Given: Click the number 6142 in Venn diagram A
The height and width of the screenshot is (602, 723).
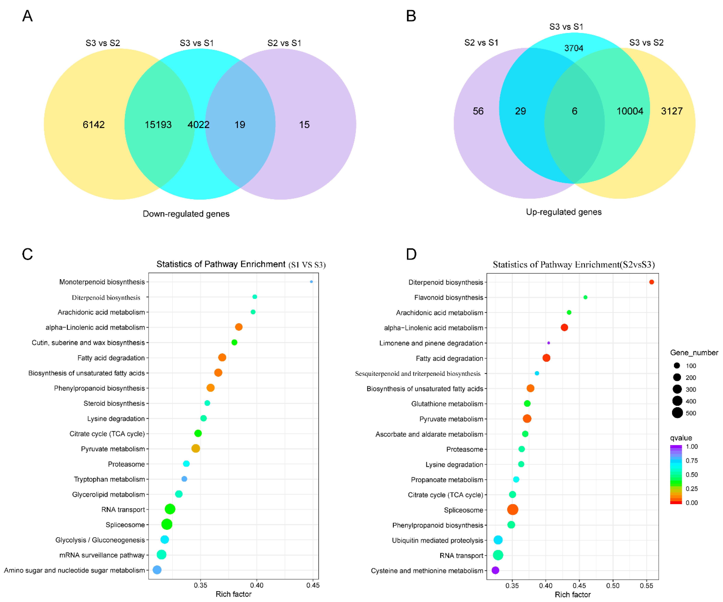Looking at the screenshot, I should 94,125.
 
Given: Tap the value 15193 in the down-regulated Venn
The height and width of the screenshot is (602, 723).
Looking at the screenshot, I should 158,125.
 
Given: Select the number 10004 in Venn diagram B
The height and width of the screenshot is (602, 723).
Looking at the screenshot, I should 630,111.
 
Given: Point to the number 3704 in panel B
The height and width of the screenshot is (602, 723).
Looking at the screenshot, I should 574,48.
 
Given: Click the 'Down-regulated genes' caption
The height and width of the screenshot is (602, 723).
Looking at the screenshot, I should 186,214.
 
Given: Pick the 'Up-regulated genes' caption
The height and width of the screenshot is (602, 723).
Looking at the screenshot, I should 564,212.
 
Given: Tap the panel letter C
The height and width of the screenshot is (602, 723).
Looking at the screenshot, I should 27,254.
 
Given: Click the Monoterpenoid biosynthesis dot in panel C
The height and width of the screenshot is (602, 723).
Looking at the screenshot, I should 311,282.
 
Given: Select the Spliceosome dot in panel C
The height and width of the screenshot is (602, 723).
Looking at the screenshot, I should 167,524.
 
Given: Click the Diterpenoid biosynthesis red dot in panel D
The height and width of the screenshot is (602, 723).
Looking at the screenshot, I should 651,282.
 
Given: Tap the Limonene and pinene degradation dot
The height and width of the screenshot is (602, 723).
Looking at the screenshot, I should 548,343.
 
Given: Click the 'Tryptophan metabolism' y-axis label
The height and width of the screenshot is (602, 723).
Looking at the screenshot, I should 109,479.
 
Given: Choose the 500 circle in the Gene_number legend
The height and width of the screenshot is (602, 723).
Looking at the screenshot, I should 677,413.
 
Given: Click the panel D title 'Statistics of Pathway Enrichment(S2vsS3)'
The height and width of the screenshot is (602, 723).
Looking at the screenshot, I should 574,264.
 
